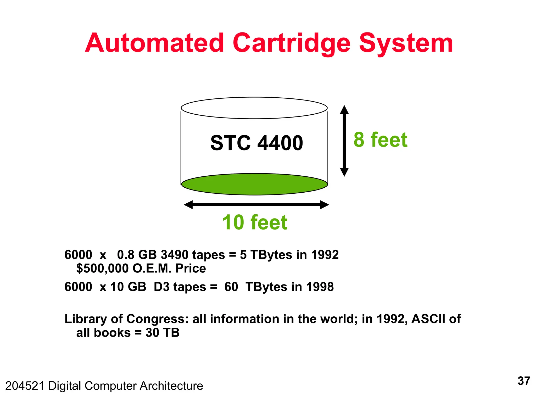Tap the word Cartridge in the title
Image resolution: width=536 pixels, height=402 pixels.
click(x=291, y=43)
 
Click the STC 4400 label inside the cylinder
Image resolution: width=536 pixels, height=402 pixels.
click(x=256, y=143)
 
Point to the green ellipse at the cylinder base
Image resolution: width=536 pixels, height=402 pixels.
click(x=254, y=184)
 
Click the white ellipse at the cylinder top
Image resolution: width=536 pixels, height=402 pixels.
click(x=254, y=108)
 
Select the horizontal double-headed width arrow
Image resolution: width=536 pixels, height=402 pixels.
click(x=256, y=205)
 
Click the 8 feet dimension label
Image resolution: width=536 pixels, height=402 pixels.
click(x=380, y=140)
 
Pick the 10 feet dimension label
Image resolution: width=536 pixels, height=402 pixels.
click(x=255, y=222)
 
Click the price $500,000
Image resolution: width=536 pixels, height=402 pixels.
click(x=102, y=269)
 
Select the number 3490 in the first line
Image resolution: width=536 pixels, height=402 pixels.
click(x=175, y=255)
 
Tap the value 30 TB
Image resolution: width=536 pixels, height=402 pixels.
click(x=163, y=333)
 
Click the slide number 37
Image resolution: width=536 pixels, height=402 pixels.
click(x=524, y=381)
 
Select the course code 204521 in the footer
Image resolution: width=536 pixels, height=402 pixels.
click(x=25, y=386)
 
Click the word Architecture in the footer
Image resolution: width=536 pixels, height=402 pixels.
click(x=171, y=386)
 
